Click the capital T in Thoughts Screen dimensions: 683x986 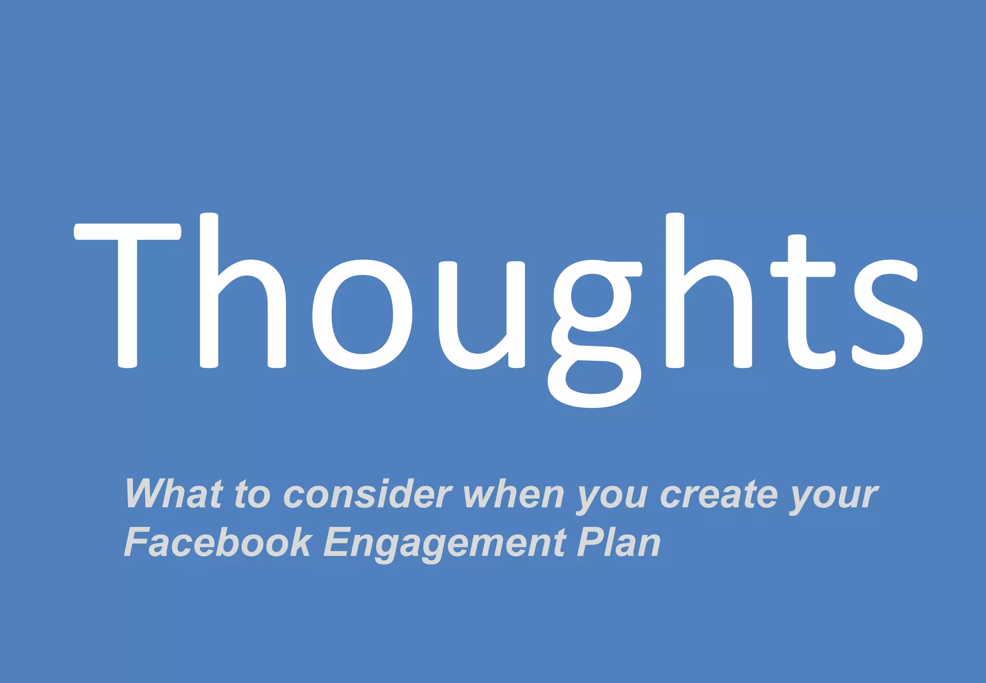128,294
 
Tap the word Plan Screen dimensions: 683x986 619,542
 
